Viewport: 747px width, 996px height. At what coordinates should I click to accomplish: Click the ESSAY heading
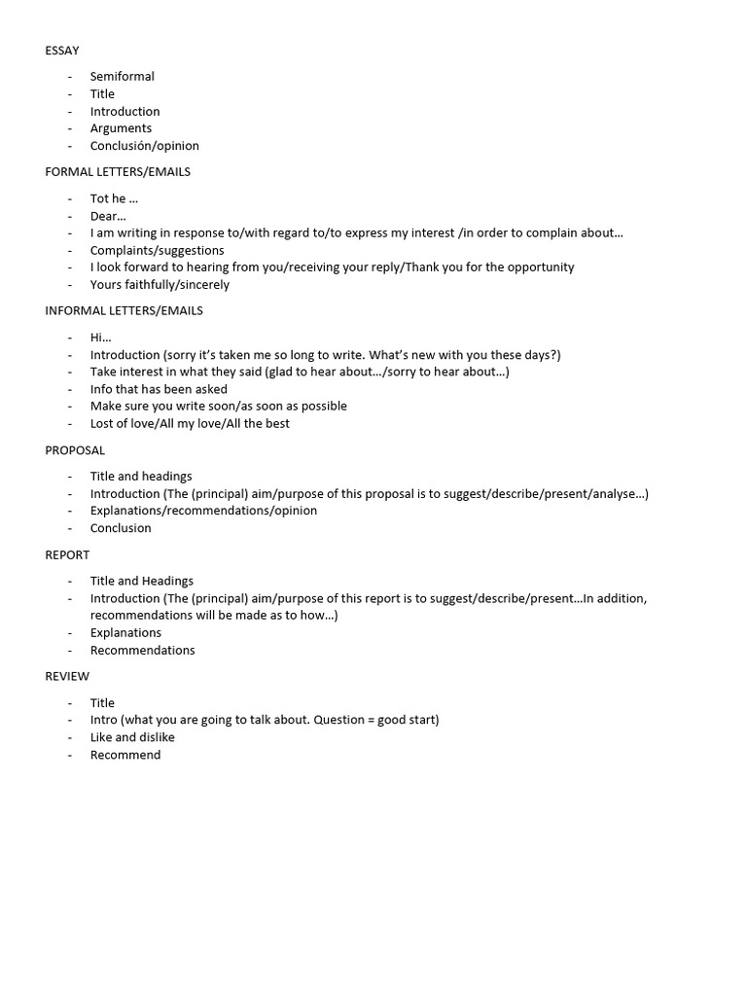[62, 51]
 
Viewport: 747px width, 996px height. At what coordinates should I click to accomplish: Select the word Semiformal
[123, 77]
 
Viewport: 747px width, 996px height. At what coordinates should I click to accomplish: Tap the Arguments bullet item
[121, 128]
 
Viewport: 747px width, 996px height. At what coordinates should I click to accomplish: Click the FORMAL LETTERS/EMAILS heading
[118, 172]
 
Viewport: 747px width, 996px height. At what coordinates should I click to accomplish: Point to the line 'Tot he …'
[114, 198]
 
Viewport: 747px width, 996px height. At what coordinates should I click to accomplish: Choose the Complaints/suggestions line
[157, 250]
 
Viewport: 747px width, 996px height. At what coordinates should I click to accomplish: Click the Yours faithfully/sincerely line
[160, 285]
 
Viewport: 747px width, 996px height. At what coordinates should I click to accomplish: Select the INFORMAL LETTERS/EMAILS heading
[124, 311]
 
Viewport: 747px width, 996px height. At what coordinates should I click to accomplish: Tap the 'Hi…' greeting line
[100, 338]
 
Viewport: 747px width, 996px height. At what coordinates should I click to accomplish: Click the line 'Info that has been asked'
[159, 389]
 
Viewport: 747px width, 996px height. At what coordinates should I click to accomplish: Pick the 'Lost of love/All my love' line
[190, 424]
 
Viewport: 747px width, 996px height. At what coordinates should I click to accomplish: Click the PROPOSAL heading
[75, 450]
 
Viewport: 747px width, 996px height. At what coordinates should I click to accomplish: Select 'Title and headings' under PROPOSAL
[141, 477]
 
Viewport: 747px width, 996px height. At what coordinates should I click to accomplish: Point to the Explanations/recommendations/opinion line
[203, 511]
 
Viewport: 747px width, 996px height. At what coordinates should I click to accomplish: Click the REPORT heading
[67, 555]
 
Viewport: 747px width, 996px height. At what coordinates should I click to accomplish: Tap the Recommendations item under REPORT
[142, 651]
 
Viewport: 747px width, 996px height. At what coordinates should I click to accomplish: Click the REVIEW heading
[67, 677]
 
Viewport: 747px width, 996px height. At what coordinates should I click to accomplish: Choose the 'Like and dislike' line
[132, 737]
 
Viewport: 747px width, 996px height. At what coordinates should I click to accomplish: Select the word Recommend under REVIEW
[125, 755]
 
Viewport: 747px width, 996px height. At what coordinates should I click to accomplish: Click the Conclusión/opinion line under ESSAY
[144, 146]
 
